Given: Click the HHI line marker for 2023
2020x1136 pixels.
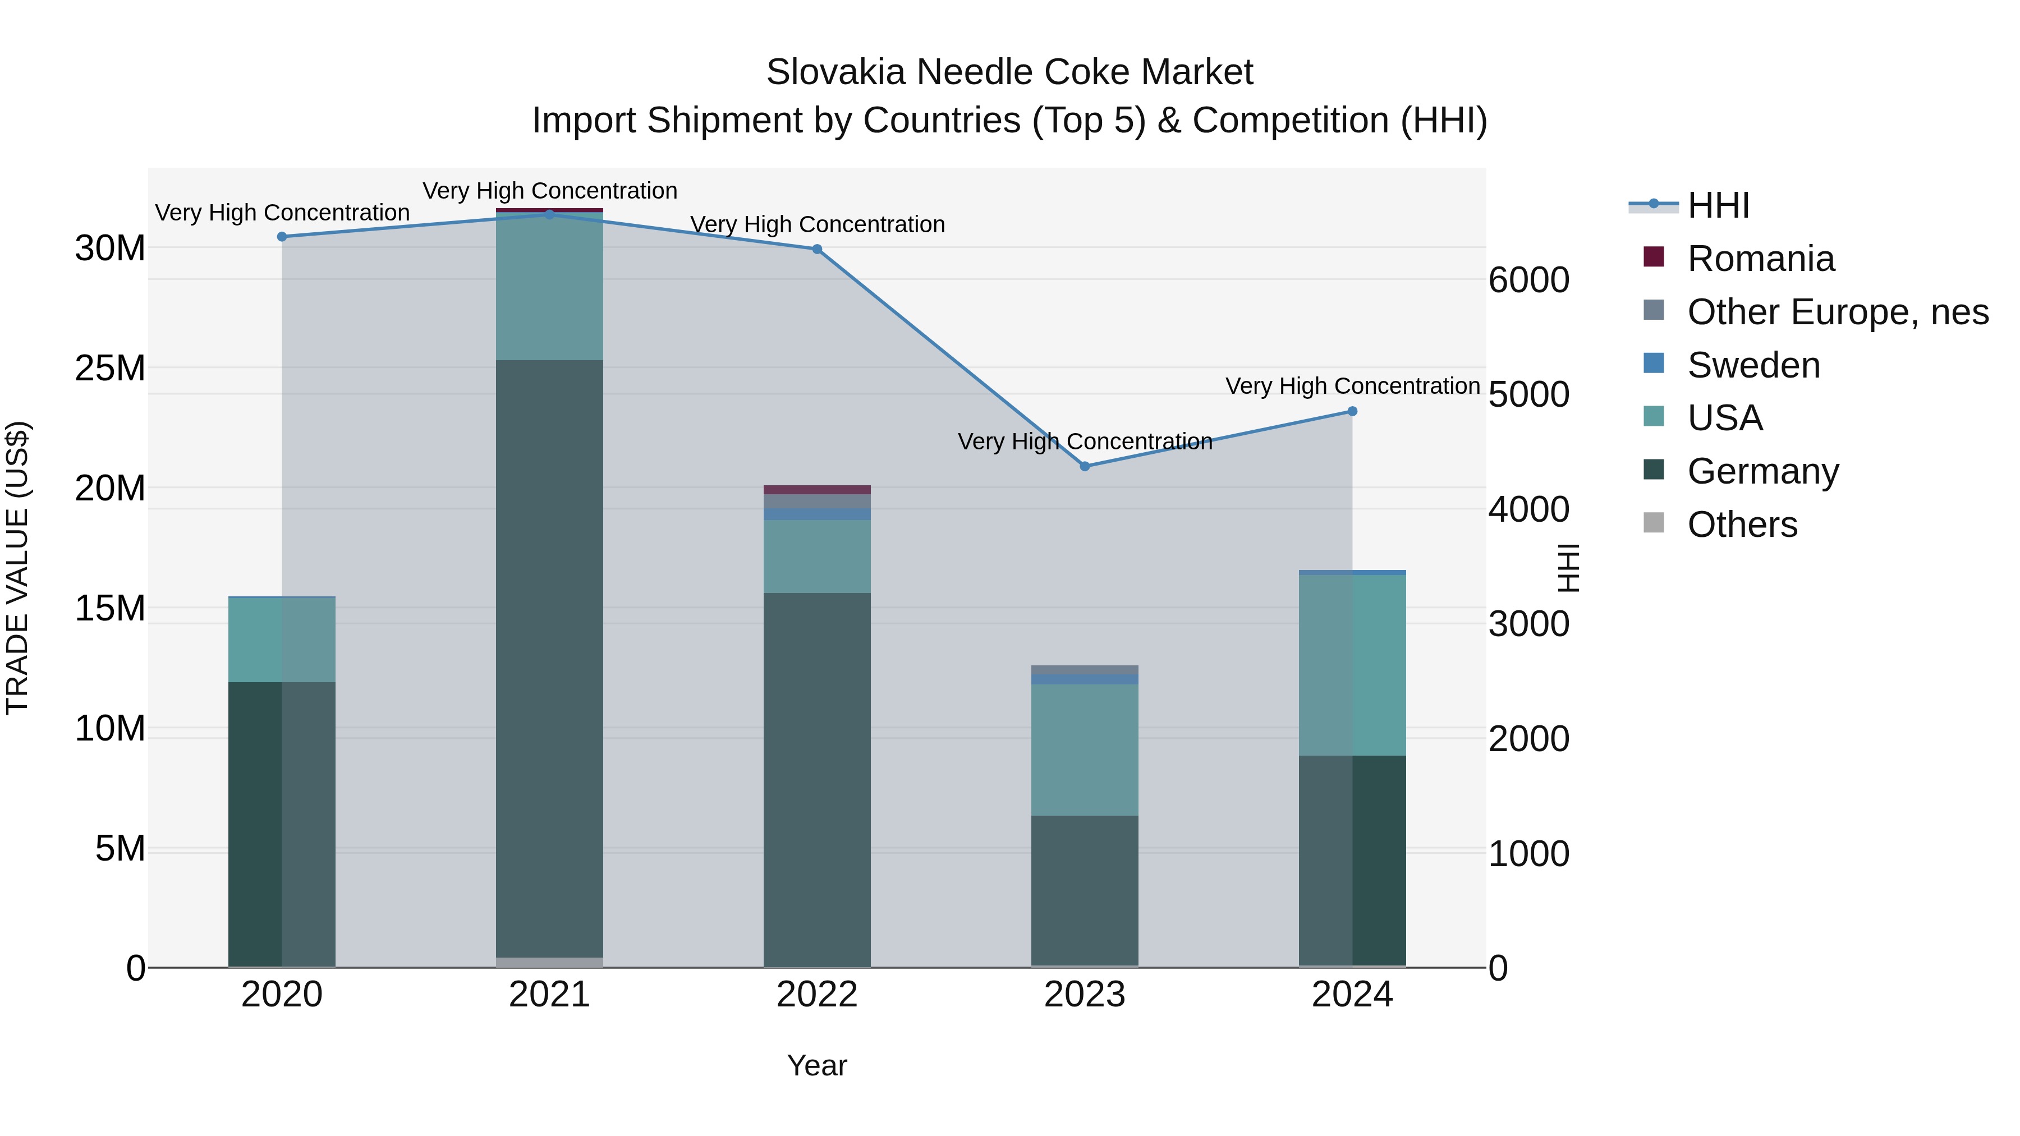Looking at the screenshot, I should pyautogui.click(x=1085, y=467).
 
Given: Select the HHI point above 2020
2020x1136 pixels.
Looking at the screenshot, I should pyautogui.click(x=282, y=237).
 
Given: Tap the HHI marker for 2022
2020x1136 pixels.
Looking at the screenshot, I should pyautogui.click(x=817, y=249).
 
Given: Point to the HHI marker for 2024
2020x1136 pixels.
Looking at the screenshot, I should pyautogui.click(x=1352, y=412).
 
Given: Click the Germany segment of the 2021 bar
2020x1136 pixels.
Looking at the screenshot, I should pyautogui.click(x=550, y=659).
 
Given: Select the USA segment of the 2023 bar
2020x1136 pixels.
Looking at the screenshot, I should pyautogui.click(x=1085, y=749).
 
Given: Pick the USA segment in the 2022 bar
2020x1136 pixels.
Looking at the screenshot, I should pyautogui.click(x=817, y=556).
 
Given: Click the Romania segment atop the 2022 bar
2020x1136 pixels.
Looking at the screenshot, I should pyautogui.click(x=817, y=490).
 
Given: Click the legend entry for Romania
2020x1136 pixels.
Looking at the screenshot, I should pyautogui.click(x=1760, y=259).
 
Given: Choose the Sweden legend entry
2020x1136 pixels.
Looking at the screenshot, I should pyautogui.click(x=1753, y=365).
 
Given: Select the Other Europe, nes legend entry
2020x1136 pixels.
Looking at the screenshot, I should pyautogui.click(x=1837, y=312).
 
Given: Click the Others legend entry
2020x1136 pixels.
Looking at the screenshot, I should pyautogui.click(x=1742, y=525).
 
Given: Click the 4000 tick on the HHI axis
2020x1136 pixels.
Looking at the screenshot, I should pyautogui.click(x=1529, y=509).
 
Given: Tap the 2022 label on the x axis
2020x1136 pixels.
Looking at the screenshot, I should pyautogui.click(x=817, y=995).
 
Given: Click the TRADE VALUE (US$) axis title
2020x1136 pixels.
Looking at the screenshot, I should pyautogui.click(x=17, y=568).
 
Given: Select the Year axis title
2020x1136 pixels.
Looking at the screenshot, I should pyautogui.click(x=817, y=1065).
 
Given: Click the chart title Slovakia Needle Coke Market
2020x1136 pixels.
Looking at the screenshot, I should pyautogui.click(x=1009, y=72).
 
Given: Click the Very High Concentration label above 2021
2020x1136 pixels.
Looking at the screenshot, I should pyautogui.click(x=550, y=191).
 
